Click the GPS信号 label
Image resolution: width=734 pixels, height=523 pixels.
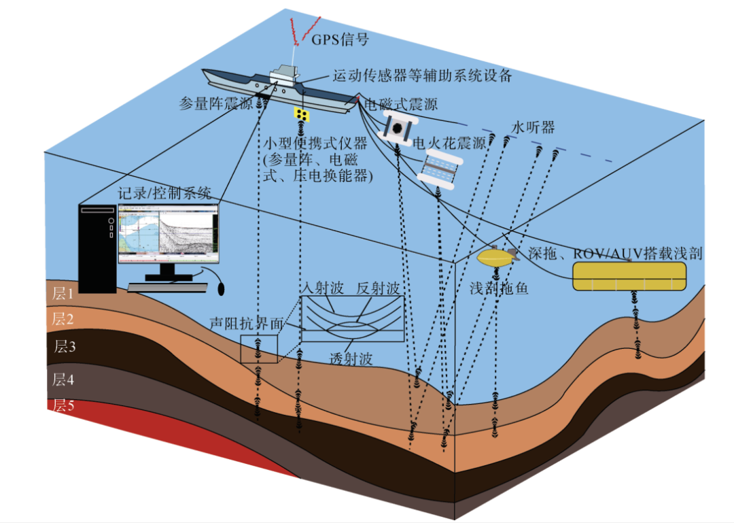(340, 39)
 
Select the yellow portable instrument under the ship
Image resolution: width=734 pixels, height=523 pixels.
(302, 114)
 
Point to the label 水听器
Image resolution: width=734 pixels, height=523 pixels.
(534, 127)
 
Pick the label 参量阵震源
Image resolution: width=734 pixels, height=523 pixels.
(215, 104)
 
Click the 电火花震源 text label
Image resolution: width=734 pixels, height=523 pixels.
(451, 144)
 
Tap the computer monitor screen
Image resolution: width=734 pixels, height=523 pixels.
(169, 235)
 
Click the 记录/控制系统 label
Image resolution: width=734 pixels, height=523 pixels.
(164, 191)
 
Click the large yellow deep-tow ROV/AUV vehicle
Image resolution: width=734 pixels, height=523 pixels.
(629, 275)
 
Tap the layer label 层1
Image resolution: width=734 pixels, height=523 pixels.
(63, 293)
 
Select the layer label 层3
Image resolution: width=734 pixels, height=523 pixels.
(65, 347)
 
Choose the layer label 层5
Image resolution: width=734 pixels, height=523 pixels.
(63, 407)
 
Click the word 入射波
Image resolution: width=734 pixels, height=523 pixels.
(323, 288)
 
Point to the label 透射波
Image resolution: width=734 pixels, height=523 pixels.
(351, 359)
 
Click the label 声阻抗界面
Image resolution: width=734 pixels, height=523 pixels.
(247, 324)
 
